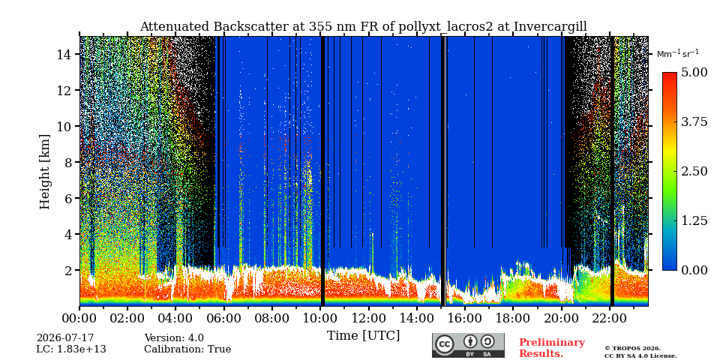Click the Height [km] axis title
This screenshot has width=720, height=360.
click(44, 172)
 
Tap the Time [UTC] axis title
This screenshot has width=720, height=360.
click(364, 336)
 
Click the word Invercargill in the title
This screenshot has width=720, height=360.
click(550, 27)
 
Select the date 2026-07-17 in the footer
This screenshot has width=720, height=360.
click(65, 338)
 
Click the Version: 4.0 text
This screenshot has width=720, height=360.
click(174, 338)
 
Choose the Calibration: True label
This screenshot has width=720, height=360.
click(187, 349)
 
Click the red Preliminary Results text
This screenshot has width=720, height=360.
click(552, 347)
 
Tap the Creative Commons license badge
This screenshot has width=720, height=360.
click(468, 345)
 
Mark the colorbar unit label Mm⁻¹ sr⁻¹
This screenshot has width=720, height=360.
click(678, 53)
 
